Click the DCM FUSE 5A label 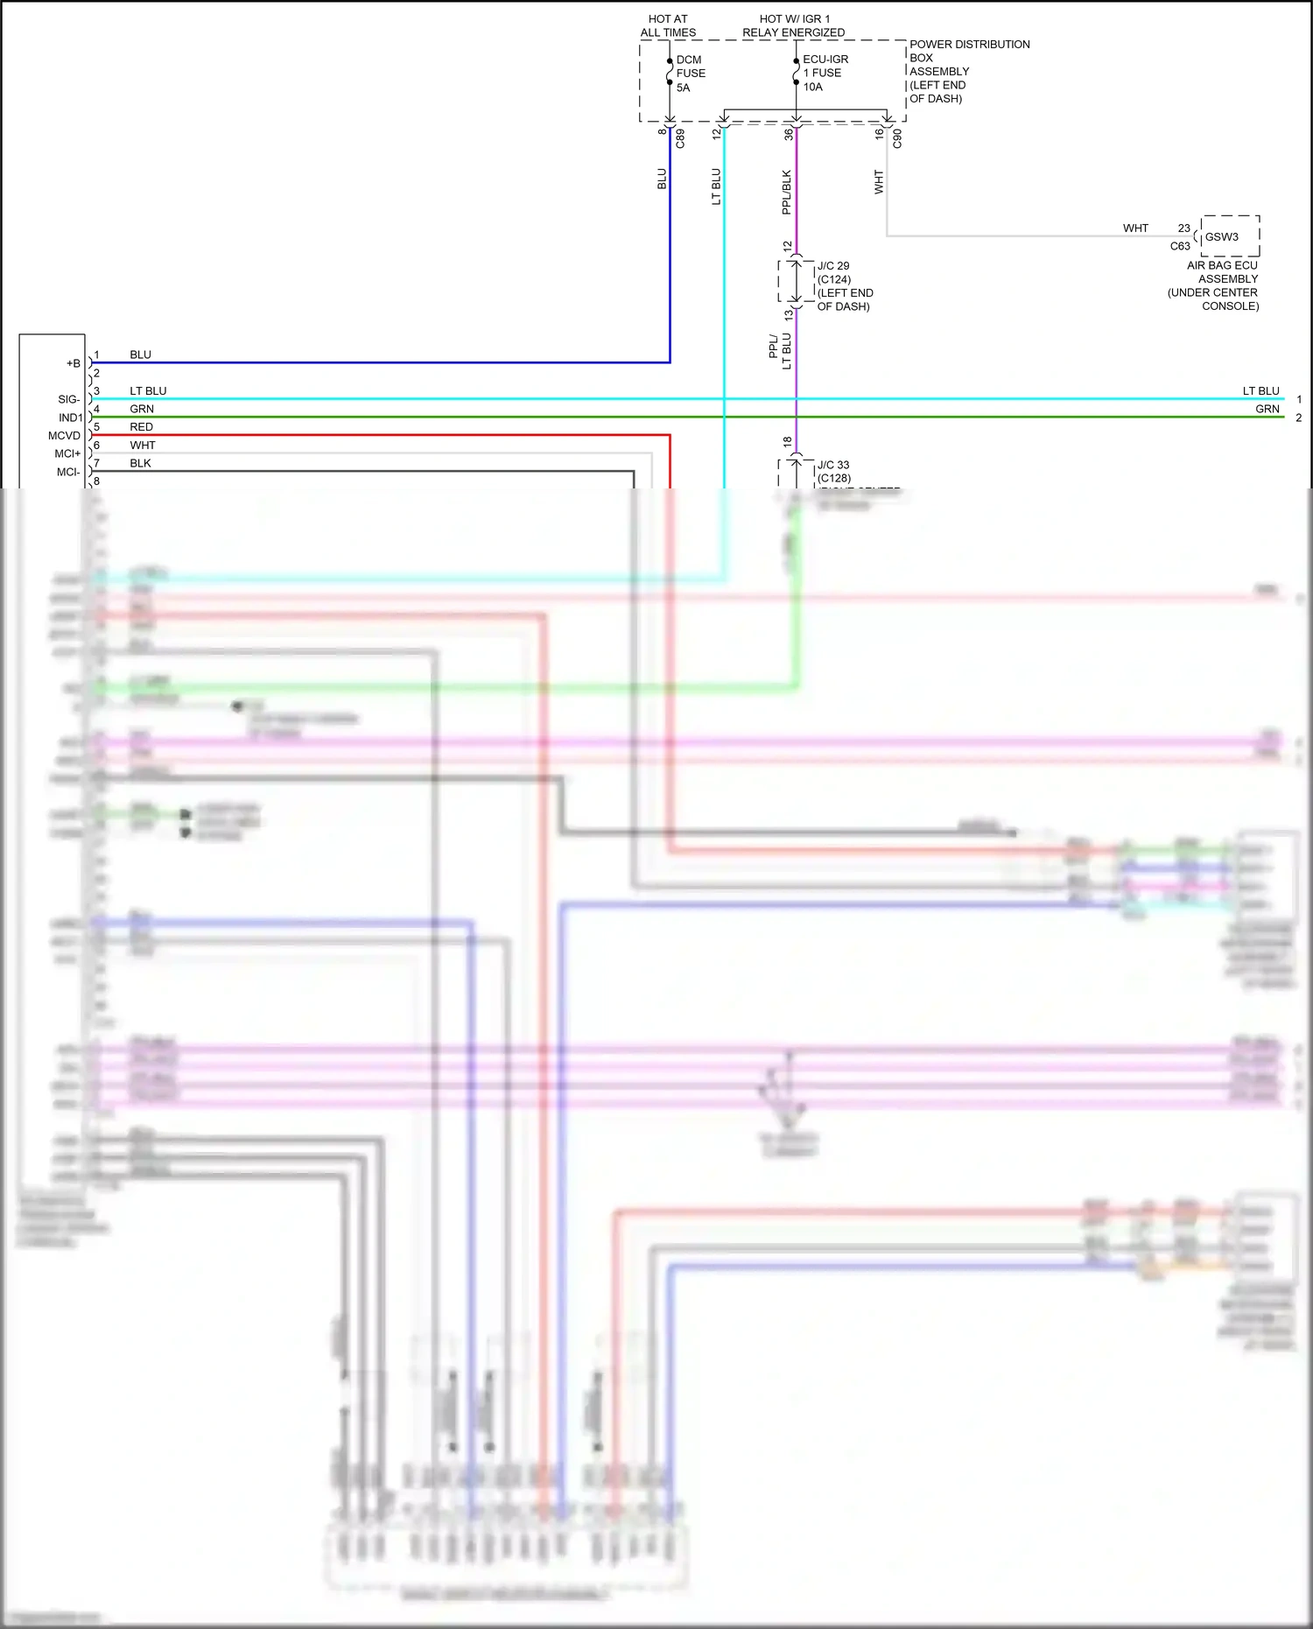690,74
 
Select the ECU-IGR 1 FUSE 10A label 825,74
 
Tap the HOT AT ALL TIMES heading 668,25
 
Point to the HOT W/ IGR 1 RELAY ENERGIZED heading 794,25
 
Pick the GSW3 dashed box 1229,236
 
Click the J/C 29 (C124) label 834,272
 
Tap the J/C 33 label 833,465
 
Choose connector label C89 680,138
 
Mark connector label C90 897,138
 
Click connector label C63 1180,247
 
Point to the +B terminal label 74,363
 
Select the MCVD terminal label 64,436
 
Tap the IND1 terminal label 70,418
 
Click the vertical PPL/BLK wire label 786,193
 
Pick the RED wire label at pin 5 141,427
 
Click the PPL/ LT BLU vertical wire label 780,350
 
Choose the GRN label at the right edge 1267,409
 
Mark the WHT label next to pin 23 1135,228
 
